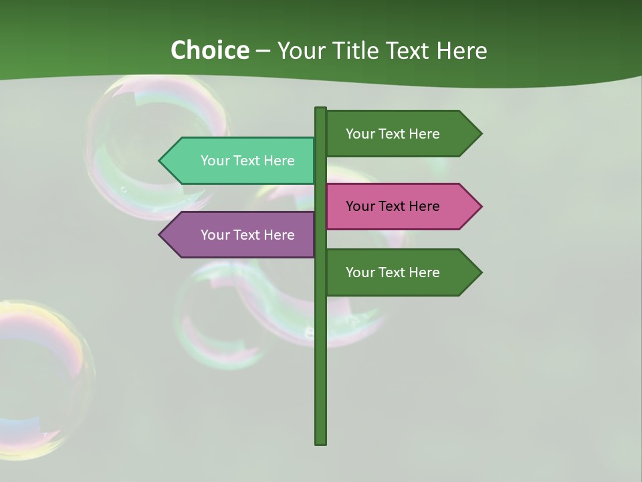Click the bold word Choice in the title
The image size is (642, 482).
(x=209, y=50)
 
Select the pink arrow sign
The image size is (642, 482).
(x=401, y=206)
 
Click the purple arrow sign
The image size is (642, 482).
(x=241, y=235)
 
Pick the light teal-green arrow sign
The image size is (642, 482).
(x=241, y=161)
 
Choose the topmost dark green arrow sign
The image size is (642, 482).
(x=401, y=133)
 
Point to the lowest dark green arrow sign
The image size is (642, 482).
(x=401, y=272)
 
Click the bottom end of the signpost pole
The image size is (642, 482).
(x=321, y=441)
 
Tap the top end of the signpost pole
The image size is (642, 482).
(x=321, y=110)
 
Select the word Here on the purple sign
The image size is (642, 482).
(x=279, y=235)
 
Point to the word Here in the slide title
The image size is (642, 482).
(x=462, y=50)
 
